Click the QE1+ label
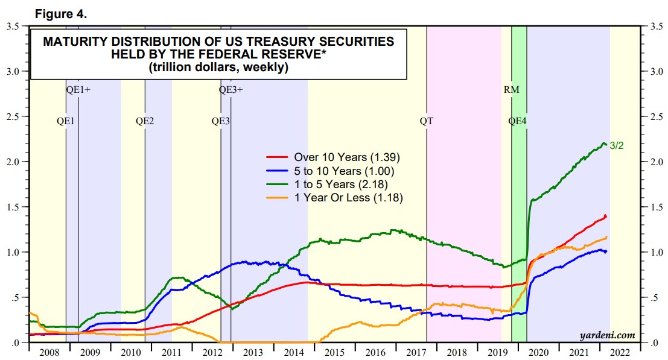pyautogui.click(x=78, y=90)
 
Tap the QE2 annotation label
pyautogui.click(x=145, y=121)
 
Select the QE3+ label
pyautogui.click(x=231, y=90)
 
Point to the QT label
pyautogui.click(x=427, y=121)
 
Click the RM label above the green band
pyautogui.click(x=511, y=90)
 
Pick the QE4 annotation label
pyautogui.click(x=518, y=121)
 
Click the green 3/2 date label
pyautogui.click(x=617, y=145)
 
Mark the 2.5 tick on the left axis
pyautogui.click(x=13, y=116)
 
